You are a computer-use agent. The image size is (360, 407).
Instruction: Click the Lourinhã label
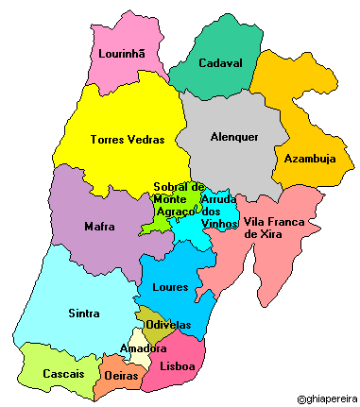pyautogui.click(x=121, y=54)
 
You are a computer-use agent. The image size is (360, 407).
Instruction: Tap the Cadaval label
pyautogui.click(x=219, y=63)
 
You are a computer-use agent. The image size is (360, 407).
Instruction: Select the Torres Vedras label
pyautogui.click(x=127, y=140)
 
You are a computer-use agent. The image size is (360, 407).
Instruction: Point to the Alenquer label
pyautogui.click(x=233, y=137)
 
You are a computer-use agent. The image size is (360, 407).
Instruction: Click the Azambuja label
pyautogui.click(x=309, y=159)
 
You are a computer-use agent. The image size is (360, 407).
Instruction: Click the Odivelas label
pyautogui.click(x=168, y=325)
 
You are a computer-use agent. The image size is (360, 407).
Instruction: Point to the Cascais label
pyautogui.click(x=64, y=374)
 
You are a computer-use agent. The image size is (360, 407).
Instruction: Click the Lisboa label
pyautogui.click(x=178, y=366)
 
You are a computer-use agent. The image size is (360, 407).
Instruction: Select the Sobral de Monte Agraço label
pyautogui.click(x=178, y=200)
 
